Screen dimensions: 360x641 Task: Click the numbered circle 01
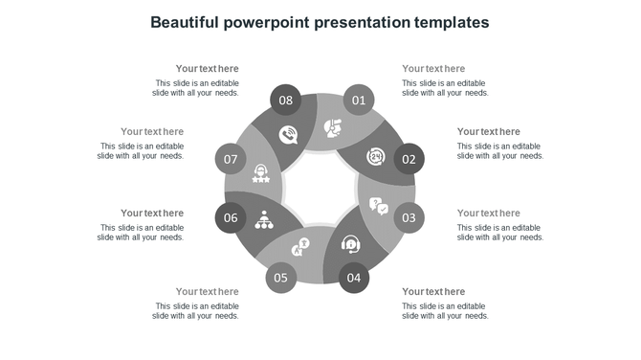pos(359,100)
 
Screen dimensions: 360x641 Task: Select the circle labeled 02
pos(409,159)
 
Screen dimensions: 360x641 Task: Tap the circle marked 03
pos(409,217)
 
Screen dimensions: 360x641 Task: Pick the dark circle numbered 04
pos(354,279)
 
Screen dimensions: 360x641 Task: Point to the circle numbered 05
pos(280,279)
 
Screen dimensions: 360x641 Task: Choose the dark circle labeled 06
pos(231,217)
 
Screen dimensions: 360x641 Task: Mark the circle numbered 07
pos(231,159)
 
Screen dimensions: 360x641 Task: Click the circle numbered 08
pos(285,100)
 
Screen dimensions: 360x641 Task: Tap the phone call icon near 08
pos(287,135)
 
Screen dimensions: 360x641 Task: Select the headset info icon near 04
pos(351,245)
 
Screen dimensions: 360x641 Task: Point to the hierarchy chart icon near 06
pos(263,219)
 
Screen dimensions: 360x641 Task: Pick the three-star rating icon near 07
pos(260,174)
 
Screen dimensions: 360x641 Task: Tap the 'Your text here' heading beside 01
pos(433,69)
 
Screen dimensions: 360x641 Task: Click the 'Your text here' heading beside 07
pos(152,132)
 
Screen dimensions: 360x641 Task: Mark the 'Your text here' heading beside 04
pos(433,292)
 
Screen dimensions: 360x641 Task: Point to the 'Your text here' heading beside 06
pos(152,214)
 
